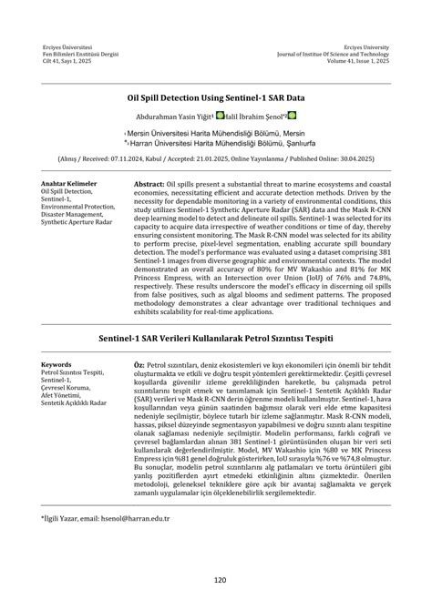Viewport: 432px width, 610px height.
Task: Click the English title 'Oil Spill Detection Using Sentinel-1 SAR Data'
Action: coord(216,93)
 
